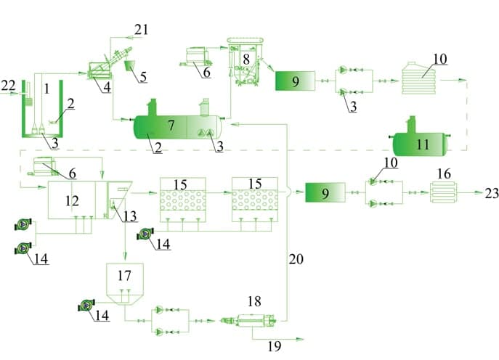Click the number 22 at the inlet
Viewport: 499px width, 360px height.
click(x=8, y=86)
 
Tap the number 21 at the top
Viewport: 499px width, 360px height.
click(x=141, y=29)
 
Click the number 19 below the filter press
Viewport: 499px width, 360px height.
click(x=274, y=346)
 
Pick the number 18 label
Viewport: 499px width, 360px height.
click(x=253, y=301)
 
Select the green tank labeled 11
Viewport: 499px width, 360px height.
click(x=418, y=144)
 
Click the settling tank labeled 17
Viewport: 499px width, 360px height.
click(x=125, y=279)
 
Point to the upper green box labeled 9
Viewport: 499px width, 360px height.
click(x=295, y=81)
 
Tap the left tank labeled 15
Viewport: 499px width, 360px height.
click(x=181, y=198)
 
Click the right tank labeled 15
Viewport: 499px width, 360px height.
click(x=254, y=198)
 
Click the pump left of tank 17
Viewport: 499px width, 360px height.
click(x=86, y=306)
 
